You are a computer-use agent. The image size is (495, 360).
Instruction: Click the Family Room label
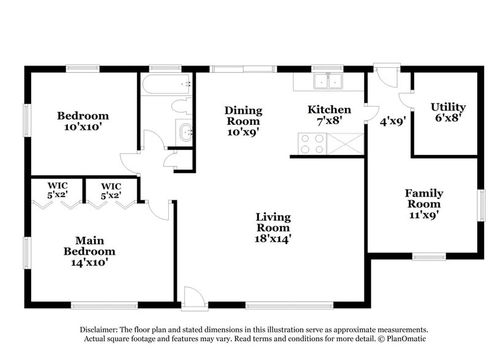tap(424, 198)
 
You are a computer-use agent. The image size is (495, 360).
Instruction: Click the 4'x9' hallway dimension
tap(393, 122)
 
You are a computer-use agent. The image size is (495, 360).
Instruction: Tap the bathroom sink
tap(185, 131)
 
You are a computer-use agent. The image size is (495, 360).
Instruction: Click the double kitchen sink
tap(328, 80)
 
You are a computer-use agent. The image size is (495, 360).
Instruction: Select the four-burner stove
tap(311, 143)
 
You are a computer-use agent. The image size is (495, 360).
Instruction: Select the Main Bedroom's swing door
tap(158, 209)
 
